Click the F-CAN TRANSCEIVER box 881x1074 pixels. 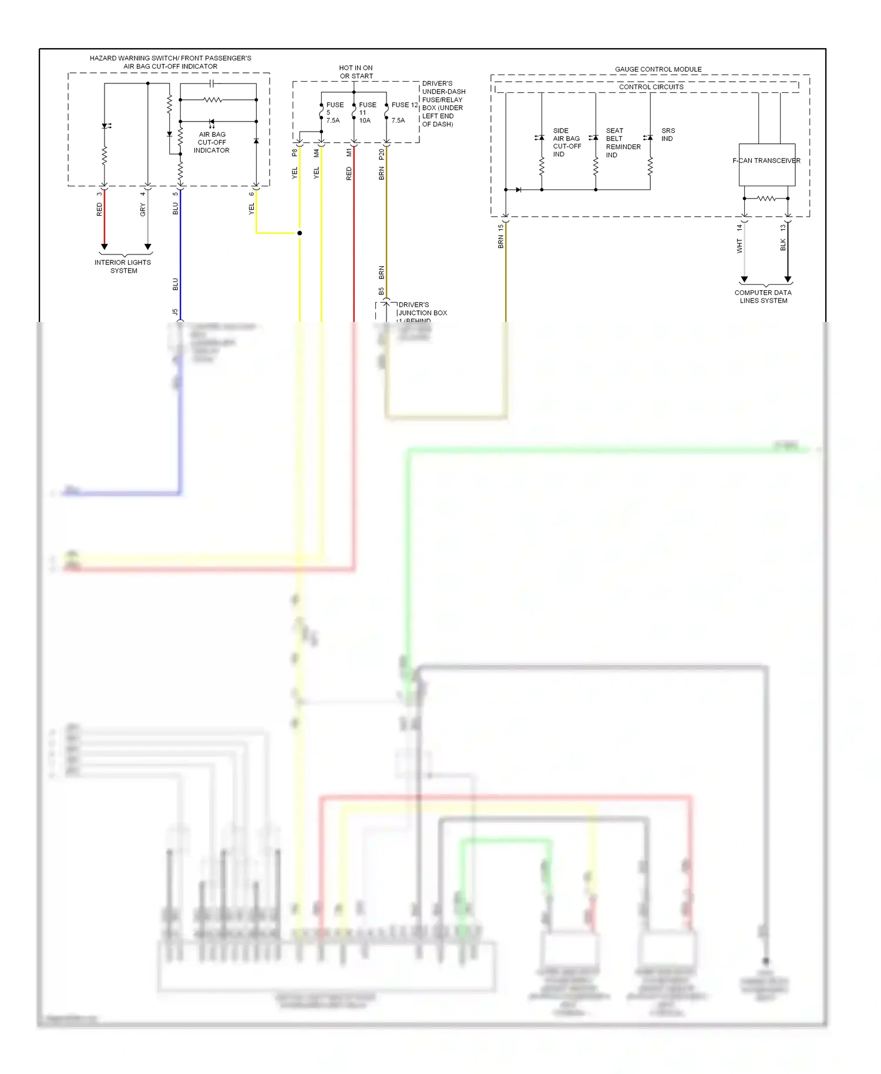766,165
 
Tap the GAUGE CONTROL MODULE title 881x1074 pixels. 658,69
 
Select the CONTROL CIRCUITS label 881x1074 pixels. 651,87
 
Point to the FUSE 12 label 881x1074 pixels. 404,105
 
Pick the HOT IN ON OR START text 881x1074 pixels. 356,72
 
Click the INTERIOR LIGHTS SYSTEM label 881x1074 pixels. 123,267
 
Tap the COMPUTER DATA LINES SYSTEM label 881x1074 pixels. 763,297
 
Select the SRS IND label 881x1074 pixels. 668,135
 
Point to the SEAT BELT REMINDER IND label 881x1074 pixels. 623,143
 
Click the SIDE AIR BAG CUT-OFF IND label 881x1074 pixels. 566,142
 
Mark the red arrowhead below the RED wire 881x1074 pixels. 105,247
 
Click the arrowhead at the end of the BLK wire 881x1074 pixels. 788,279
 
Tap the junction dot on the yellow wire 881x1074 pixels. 300,233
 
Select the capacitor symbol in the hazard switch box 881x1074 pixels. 212,84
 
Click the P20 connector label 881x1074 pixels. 382,154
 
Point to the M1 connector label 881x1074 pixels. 349,153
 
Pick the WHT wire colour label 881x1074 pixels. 739,246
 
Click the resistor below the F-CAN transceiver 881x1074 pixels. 766,199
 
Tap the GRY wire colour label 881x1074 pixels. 143,209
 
